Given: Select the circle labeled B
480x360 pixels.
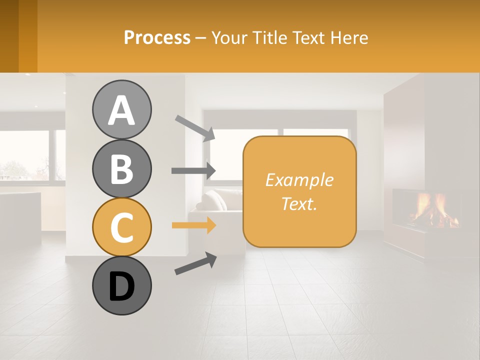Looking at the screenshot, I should (121, 168).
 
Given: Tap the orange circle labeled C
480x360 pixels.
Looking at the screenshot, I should (121, 227).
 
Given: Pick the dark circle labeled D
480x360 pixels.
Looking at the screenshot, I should (121, 285).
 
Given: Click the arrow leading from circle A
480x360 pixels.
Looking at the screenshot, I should (195, 128).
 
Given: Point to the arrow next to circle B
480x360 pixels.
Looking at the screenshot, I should (193, 170).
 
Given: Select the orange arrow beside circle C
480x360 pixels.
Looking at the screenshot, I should (193, 225).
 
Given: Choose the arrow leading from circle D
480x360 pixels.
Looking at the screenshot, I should (195, 263).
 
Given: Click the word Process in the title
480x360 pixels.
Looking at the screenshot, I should (157, 37).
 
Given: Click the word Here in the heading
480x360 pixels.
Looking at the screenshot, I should (350, 37).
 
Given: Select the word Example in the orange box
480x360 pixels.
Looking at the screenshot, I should (299, 180).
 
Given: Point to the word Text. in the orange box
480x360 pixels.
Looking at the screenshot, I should (299, 203).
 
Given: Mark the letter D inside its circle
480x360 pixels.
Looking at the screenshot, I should (121, 286).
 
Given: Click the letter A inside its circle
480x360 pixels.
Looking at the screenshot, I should (121, 110).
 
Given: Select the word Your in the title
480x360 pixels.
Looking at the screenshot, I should (229, 37).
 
